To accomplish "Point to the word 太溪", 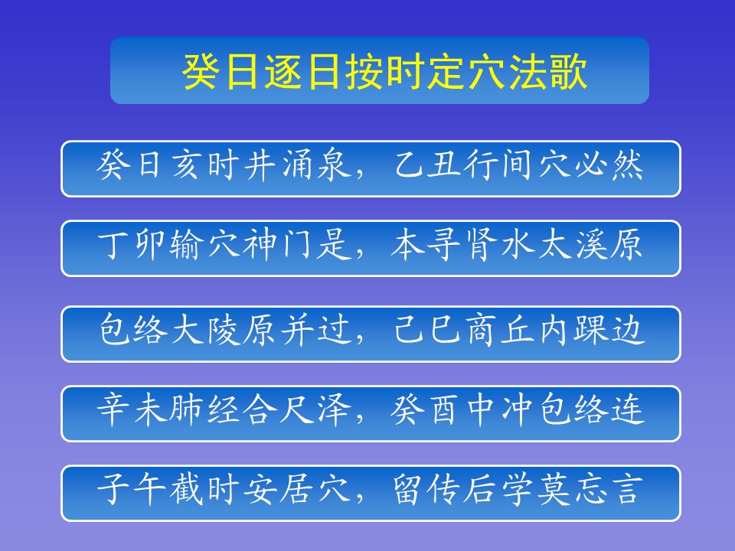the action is (573, 245).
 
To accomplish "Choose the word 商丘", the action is (500, 330).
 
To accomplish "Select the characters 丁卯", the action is (132, 245).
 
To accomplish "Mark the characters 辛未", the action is (132, 409).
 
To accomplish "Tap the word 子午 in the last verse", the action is (132, 489).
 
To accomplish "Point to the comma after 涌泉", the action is (360, 175).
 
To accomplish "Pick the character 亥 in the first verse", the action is (187, 165).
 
